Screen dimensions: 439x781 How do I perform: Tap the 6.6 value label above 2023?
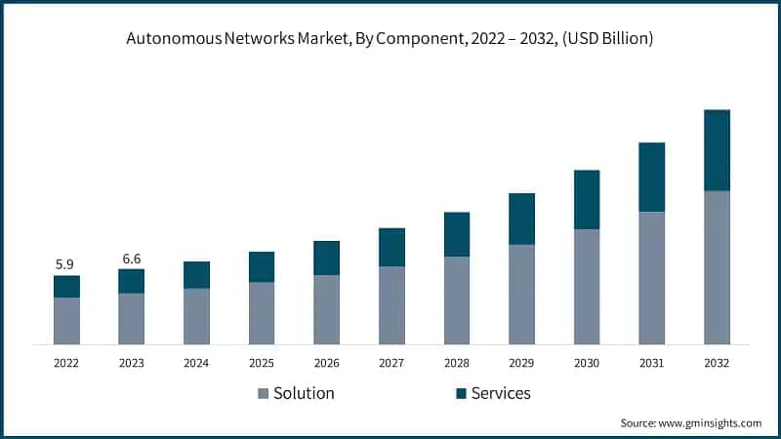131,258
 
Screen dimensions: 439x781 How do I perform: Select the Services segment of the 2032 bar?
717,150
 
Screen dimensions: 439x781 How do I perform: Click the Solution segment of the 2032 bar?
717,267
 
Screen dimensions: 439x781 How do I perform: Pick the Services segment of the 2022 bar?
66,286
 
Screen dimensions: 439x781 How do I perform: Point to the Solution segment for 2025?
262,313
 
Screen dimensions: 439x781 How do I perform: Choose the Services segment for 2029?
521,219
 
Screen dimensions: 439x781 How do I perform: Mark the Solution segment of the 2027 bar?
391,305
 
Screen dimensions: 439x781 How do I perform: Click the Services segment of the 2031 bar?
651,177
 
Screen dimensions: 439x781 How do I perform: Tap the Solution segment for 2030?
587,287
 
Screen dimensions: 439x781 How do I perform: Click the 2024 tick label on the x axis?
196,362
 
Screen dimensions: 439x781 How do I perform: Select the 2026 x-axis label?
326,362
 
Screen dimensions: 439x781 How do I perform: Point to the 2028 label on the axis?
457,362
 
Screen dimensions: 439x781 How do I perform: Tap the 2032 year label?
717,362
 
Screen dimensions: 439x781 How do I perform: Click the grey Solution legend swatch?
263,394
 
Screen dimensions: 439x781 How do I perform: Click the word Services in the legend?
501,393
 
